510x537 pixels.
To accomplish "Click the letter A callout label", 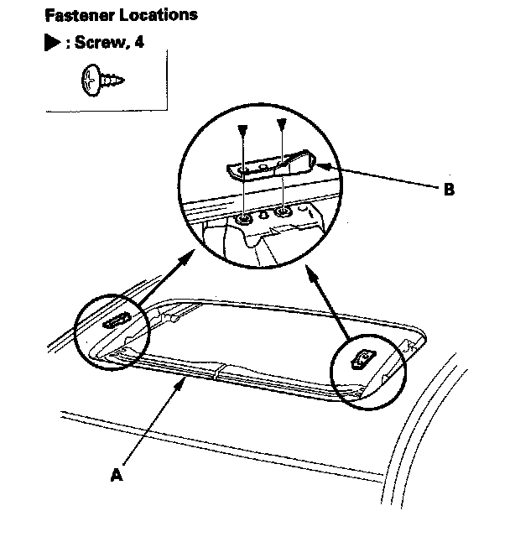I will tap(117, 475).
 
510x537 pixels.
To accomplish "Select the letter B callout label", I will tap(450, 190).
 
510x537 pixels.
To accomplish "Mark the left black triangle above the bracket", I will tap(242, 130).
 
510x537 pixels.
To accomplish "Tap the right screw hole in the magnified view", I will tap(283, 212).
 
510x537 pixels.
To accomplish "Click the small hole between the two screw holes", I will tap(263, 216).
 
